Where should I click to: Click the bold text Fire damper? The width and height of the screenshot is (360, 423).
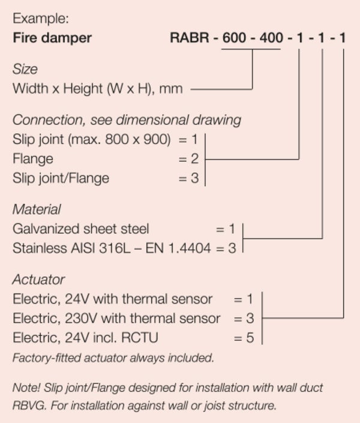(x=52, y=38)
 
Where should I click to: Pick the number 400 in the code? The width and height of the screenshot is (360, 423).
(x=271, y=38)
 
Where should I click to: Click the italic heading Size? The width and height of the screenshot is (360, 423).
(x=25, y=70)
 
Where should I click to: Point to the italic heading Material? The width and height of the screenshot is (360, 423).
(x=37, y=209)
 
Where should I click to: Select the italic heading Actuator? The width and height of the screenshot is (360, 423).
(x=38, y=280)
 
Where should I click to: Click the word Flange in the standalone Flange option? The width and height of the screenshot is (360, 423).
(x=32, y=159)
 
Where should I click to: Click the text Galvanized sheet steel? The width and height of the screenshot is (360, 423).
(x=81, y=229)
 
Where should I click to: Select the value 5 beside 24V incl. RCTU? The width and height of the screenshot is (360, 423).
(x=250, y=338)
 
